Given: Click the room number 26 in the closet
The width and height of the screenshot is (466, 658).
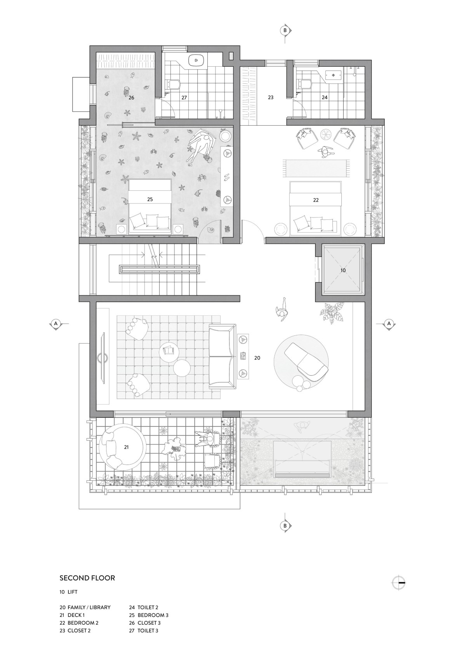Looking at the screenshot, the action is click(131, 98).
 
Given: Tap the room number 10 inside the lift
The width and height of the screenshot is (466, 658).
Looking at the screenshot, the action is click(343, 270).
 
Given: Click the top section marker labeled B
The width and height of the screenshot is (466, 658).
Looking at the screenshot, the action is click(285, 30).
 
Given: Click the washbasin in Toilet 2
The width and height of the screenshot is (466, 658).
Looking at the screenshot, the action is click(333, 75).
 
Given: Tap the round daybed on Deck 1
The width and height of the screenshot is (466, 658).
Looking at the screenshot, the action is click(122, 447).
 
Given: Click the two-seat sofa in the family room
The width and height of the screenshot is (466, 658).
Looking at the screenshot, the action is click(223, 357).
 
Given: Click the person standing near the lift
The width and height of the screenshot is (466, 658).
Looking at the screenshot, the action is click(282, 311).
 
